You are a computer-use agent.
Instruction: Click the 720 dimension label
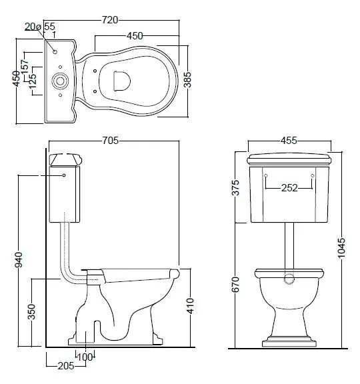110,20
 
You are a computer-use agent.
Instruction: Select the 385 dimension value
187,79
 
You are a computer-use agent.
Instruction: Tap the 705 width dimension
111,141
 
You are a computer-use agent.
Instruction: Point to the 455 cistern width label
289,141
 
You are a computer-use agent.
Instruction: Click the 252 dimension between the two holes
289,188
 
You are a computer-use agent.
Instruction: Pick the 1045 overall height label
341,247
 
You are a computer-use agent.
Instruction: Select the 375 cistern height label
235,187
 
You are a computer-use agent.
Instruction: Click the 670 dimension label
235,284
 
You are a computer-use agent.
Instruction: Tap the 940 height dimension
19,259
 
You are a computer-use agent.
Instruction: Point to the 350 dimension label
31,311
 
